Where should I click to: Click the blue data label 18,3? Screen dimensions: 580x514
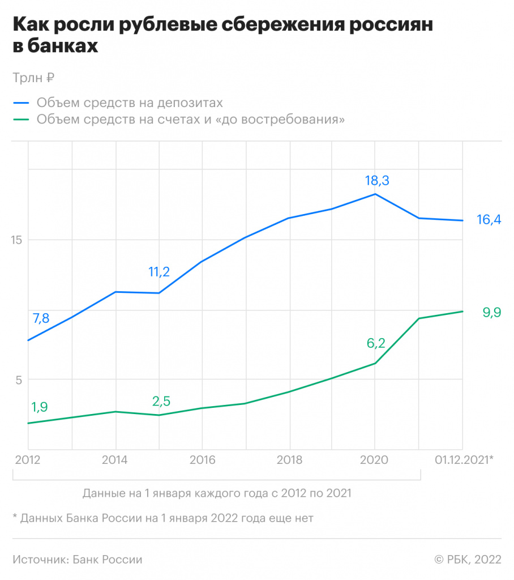pos(378,181)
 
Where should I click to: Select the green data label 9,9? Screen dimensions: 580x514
pos(491,312)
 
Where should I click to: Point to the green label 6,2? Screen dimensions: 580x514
pos(376,343)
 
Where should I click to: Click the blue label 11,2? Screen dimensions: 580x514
pos(159,272)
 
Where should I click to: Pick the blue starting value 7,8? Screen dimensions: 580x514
pos(41,318)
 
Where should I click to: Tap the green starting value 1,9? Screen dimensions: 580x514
pos(40,407)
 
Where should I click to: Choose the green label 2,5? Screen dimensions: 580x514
pos(161,402)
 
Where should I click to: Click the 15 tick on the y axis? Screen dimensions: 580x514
pos(17,240)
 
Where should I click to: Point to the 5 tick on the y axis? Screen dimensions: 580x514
pos(18,379)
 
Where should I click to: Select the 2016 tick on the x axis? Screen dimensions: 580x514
pos(202,460)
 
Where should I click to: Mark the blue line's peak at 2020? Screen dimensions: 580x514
pos(375,194)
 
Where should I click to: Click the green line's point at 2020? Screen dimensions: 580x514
pos(375,363)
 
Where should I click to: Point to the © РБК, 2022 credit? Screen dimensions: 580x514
pos(468,560)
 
